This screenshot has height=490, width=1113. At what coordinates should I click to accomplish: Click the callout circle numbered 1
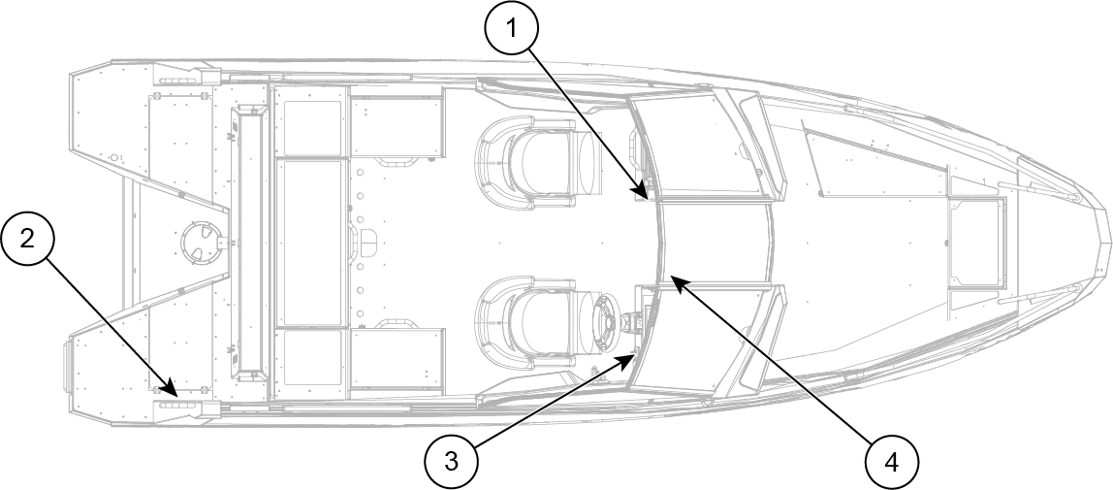pos(511,28)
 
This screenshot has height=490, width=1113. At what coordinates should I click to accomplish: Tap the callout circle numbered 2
pos(27,240)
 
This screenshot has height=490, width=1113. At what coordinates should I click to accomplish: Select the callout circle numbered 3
pos(452,462)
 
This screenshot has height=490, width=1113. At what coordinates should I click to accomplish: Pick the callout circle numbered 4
pos(892,463)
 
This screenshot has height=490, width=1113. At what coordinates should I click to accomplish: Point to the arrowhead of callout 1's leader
pos(646,194)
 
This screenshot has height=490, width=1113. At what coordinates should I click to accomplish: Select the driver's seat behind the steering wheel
pos(531,322)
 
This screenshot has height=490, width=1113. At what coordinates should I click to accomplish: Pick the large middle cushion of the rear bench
pos(309,243)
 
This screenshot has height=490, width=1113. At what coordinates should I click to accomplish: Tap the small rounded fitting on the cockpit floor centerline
pos(369,244)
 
